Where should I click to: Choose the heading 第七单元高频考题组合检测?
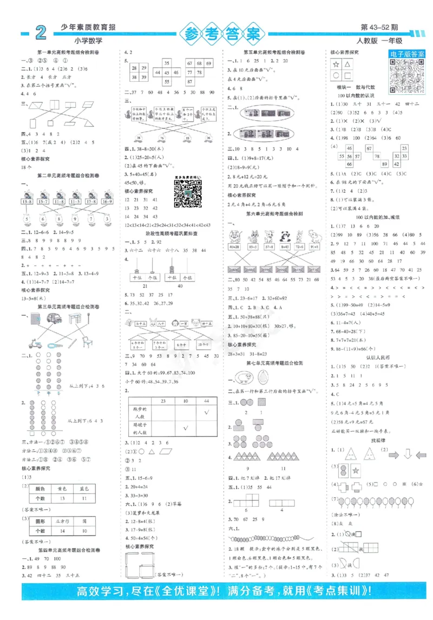[274, 363]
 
